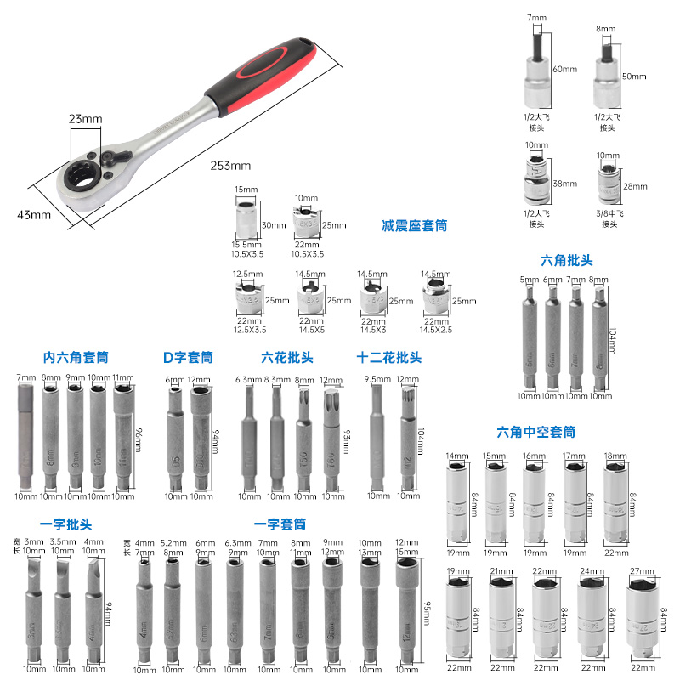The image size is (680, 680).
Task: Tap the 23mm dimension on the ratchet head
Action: click(86, 120)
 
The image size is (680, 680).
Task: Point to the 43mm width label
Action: click(34, 214)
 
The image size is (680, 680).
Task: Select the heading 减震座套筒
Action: click(414, 226)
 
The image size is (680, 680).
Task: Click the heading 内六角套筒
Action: click(76, 358)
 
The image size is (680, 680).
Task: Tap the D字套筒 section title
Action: click(187, 358)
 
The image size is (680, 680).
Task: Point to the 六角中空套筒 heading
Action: click(535, 432)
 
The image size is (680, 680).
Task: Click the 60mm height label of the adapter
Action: click(564, 69)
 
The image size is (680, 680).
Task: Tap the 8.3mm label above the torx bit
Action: click(276, 380)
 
